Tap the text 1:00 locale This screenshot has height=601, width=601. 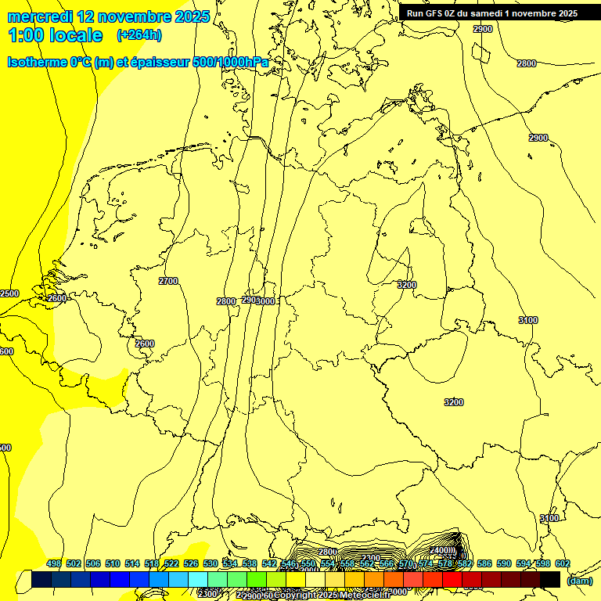click(56, 35)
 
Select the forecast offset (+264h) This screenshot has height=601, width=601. click(139, 35)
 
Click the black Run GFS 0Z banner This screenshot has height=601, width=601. click(492, 13)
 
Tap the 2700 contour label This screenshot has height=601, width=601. click(168, 281)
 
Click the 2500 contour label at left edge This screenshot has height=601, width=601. click(9, 293)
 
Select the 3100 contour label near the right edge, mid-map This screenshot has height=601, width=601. click(528, 320)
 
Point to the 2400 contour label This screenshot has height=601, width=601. click(441, 551)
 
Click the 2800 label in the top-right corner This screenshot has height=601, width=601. click(527, 63)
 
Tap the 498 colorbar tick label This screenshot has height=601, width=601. click(54, 564)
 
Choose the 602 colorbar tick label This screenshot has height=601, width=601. click(562, 564)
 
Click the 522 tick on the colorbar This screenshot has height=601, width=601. click(171, 564)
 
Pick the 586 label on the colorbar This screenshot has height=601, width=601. click(484, 564)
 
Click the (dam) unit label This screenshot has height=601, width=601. click(580, 581)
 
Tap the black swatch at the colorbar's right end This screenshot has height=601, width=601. click(550, 580)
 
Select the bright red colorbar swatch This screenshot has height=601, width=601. click(452, 580)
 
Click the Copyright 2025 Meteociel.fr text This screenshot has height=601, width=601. click(332, 596)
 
